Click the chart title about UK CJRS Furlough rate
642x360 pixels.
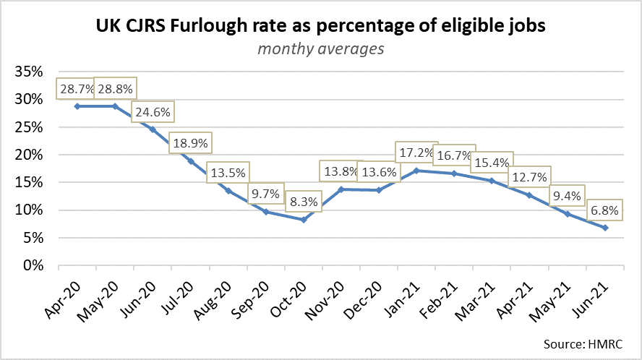(x=320, y=27)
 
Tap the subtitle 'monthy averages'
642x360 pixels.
(x=320, y=49)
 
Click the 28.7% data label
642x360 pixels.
(x=76, y=90)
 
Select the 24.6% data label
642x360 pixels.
(x=151, y=113)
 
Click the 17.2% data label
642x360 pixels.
(x=416, y=153)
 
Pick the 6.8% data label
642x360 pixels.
(x=604, y=213)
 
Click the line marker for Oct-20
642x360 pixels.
(x=304, y=219)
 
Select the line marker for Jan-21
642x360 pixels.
(x=416, y=171)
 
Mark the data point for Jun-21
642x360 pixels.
(x=604, y=228)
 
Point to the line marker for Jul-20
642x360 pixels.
(x=191, y=161)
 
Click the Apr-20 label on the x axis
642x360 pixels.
(x=67, y=296)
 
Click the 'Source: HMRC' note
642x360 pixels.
(x=586, y=341)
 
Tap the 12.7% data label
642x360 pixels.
(x=528, y=176)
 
